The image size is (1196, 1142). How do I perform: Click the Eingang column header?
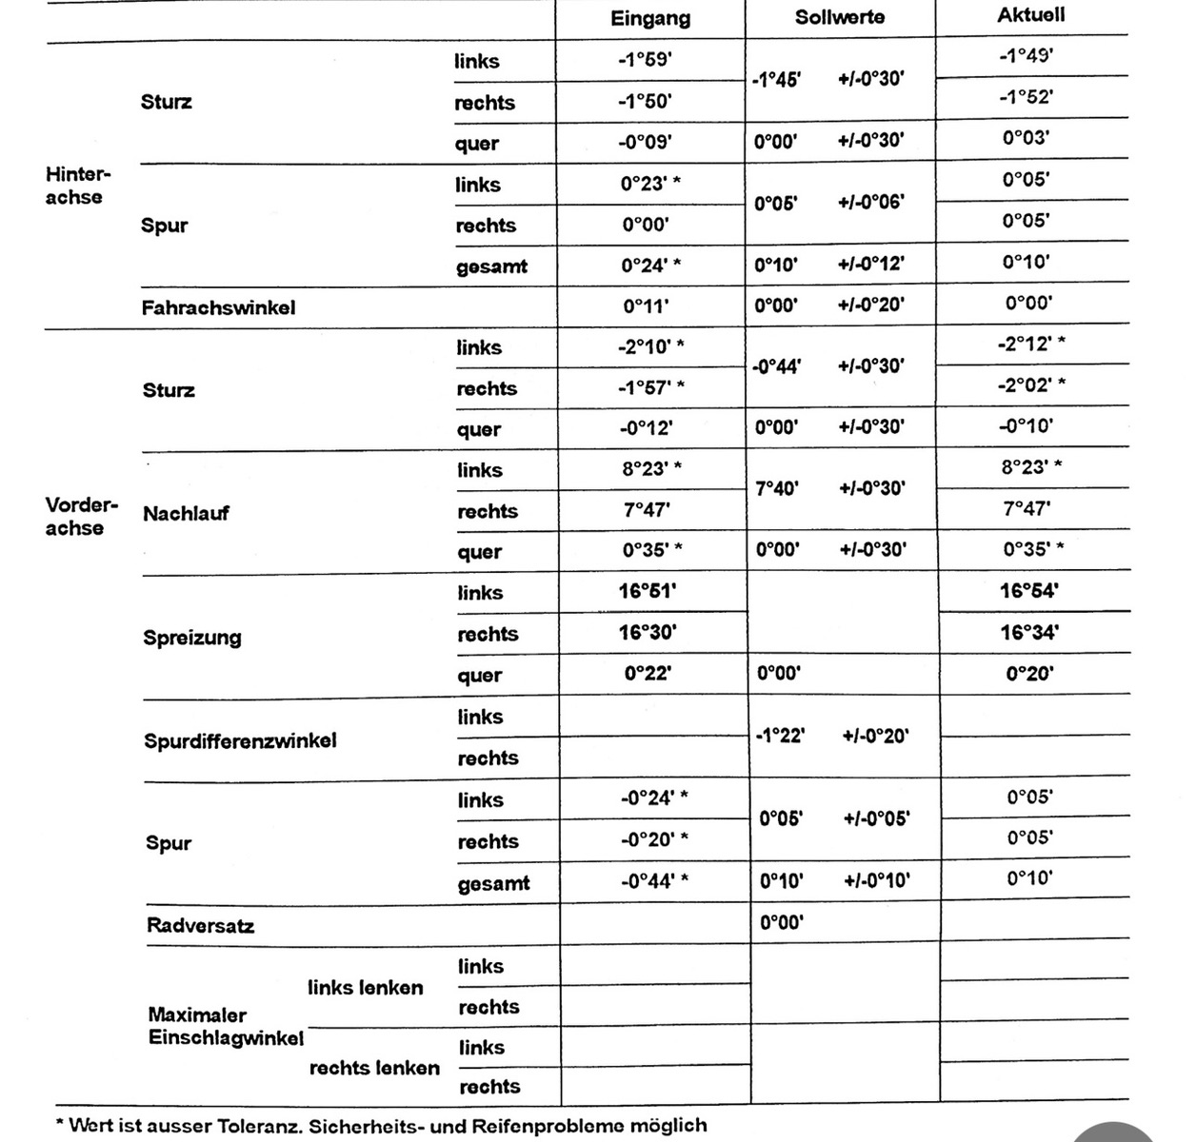650,18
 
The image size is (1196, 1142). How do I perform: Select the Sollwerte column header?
840,17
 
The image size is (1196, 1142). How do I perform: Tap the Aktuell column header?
1031,14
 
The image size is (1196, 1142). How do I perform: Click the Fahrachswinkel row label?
218,307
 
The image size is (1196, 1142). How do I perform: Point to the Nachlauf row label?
186,514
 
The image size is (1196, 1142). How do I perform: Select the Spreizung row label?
192,638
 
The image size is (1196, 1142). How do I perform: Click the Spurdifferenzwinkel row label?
240,740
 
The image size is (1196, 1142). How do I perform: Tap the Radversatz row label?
200,925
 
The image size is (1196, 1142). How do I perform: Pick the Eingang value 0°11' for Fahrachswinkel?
646,306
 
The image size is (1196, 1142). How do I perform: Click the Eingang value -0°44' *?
654,880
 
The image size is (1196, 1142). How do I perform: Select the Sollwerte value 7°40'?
777,488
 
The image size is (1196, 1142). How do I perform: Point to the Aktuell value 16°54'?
1029,591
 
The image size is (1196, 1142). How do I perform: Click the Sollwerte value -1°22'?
780,736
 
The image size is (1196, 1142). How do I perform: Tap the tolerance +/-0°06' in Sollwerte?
871,202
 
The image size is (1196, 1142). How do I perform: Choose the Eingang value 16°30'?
648,632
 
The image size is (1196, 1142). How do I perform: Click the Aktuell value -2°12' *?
1031,344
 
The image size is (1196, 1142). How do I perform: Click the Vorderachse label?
80,516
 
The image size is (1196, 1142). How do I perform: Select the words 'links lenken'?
365,988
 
